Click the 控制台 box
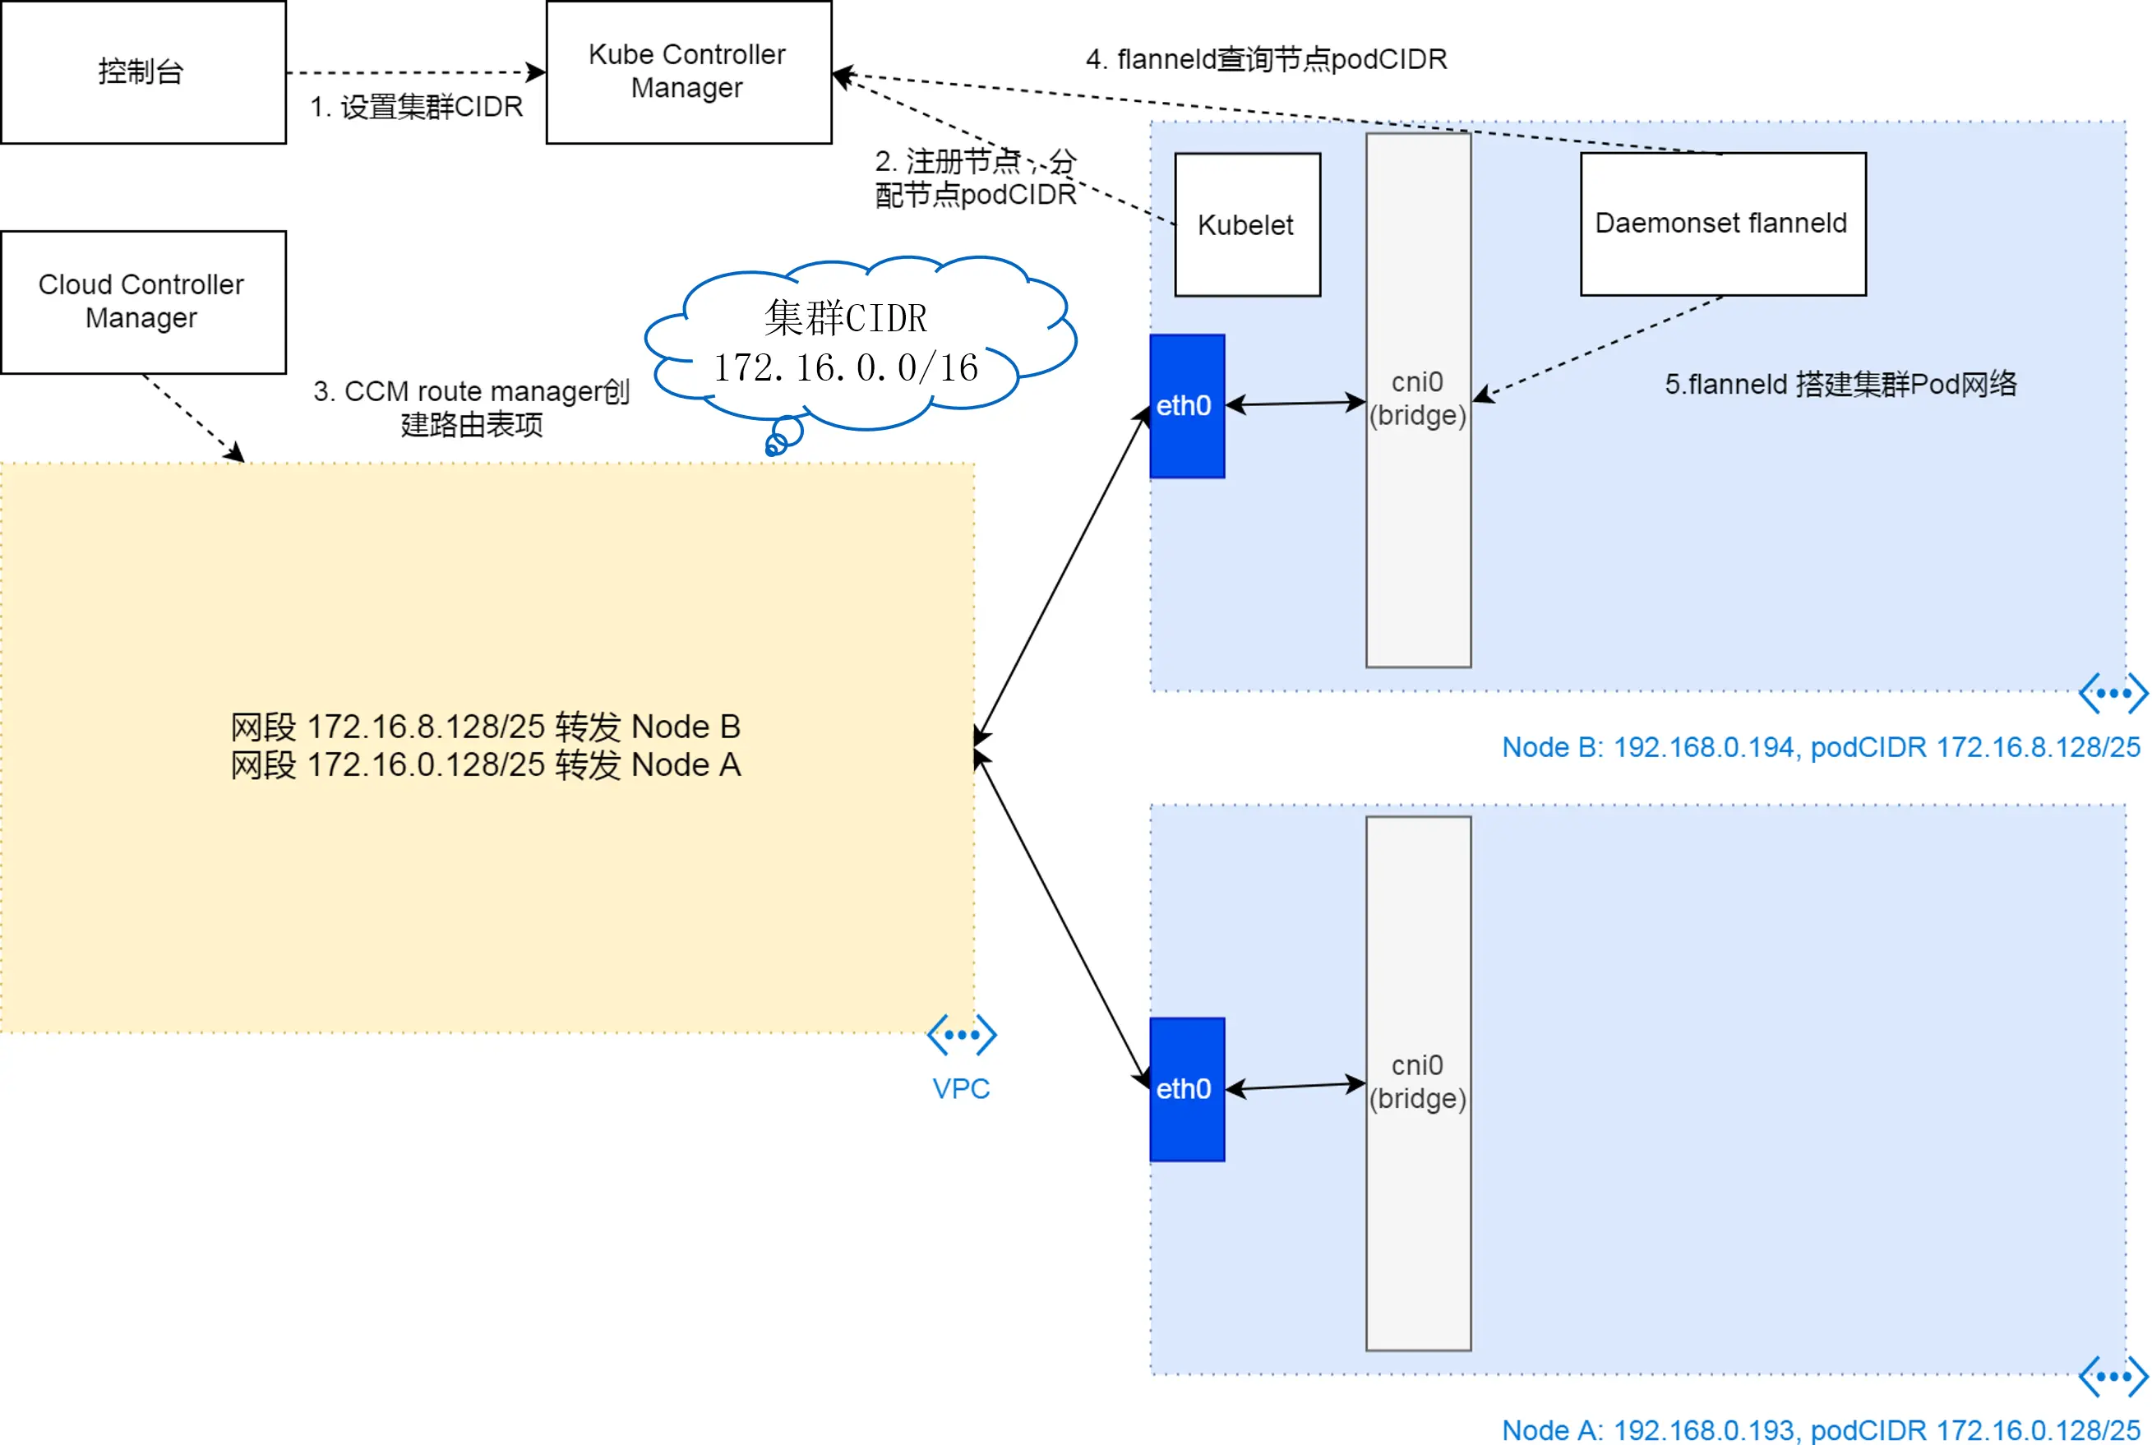143,72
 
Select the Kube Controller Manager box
689,72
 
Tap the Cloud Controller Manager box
143,302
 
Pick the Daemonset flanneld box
1723,224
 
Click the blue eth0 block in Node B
1187,406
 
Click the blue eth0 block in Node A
1187,1089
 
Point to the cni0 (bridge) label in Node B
1417,399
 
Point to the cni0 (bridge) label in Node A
1417,1082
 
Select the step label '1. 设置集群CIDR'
417,107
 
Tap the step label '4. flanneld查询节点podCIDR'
1267,59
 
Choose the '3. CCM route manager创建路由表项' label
471,409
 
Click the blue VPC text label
960,1088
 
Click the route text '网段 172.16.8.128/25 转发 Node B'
486,727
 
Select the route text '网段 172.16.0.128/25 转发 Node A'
486,765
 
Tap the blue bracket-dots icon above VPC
961,1035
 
